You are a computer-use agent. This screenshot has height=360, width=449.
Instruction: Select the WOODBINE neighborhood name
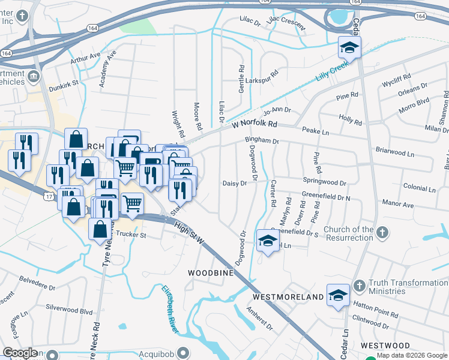pyautogui.click(x=211, y=273)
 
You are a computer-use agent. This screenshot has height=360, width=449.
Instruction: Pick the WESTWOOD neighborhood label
pyautogui.click(x=386, y=346)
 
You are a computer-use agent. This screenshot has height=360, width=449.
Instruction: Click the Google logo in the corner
pyautogui.click(x=20, y=353)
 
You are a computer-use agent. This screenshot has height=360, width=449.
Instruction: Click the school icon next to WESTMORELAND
pyautogui.click(x=337, y=295)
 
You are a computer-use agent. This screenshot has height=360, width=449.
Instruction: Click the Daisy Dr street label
pyautogui.click(x=235, y=184)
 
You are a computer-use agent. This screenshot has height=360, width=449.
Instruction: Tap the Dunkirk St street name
pyautogui.click(x=64, y=84)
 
